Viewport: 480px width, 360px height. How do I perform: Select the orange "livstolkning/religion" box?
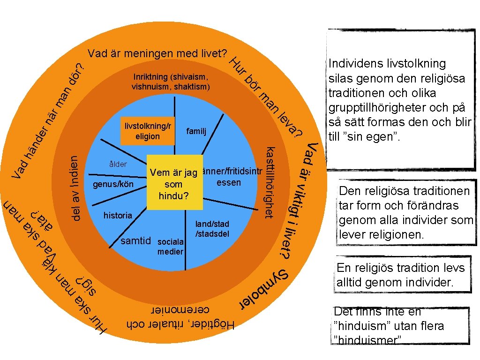tap(147, 131)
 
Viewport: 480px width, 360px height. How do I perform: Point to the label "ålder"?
tap(118, 165)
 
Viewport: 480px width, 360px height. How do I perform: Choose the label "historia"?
tap(118, 215)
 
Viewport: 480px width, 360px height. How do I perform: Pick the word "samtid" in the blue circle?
tap(136, 241)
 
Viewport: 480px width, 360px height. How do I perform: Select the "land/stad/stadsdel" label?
tap(212, 229)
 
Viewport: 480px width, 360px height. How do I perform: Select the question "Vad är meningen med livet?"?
tap(157, 53)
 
